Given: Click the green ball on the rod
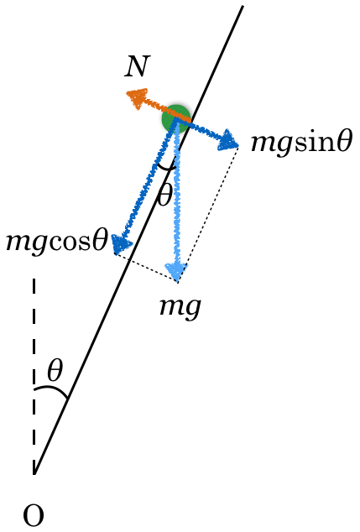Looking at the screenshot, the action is point(175,118).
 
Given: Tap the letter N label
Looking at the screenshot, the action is point(137,66).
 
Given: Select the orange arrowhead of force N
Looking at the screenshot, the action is point(137,97).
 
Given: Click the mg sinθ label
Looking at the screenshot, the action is point(301,143).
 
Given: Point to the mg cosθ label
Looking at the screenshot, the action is point(57,242).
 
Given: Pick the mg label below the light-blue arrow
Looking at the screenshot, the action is point(181,308).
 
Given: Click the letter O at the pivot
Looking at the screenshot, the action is point(34,514).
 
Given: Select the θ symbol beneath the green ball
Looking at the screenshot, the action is point(164,195).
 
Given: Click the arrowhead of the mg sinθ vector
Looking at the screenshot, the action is point(227,140).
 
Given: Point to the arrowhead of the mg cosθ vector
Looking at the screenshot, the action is point(121,244).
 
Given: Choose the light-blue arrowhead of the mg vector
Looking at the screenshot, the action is point(177,272).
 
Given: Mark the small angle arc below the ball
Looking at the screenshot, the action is point(166,167).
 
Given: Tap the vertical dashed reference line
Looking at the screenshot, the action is point(34,376).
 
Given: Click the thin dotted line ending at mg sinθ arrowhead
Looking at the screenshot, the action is point(208,214).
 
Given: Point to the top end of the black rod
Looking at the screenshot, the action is point(243,6).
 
